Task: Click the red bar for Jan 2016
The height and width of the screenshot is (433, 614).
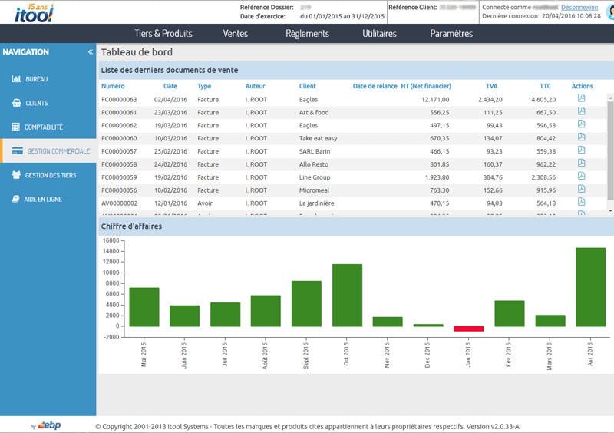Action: coord(468,329)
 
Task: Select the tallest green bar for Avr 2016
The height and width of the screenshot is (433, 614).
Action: coord(590,287)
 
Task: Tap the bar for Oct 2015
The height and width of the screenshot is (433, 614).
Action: coord(347,296)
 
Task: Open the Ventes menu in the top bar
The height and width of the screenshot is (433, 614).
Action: coord(235,34)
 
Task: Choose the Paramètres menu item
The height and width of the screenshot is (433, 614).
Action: coord(451,34)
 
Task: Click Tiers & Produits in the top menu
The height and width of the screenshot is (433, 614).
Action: coord(163,34)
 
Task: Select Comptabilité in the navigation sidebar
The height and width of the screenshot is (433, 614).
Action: coord(44,127)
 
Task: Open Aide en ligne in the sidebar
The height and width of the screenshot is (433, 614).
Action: coord(43,199)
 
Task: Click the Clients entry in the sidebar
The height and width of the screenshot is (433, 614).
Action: coord(36,104)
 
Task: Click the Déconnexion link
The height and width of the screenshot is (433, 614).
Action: coord(579,7)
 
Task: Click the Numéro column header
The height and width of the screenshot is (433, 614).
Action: coord(113,86)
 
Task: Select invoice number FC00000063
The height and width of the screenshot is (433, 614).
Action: coord(119,99)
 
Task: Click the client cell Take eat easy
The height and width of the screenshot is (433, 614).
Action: coord(318,138)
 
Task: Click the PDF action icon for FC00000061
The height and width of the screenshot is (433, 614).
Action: coord(581,111)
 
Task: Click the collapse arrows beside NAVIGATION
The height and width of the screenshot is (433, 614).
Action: coord(90,52)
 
